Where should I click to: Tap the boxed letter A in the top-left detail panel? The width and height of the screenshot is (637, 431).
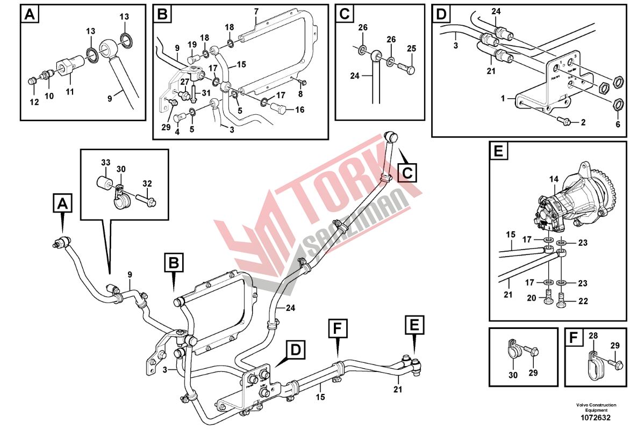pyautogui.click(x=31, y=16)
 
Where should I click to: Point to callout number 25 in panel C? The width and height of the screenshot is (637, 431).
pyautogui.click(x=411, y=49)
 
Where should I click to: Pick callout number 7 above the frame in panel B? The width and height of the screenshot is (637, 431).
pyautogui.click(x=256, y=11)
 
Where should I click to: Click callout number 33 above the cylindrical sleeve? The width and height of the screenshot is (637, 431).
pyautogui.click(x=105, y=162)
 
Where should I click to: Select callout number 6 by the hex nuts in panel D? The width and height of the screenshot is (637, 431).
pyautogui.click(x=618, y=125)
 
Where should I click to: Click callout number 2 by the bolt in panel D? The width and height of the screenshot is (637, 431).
pyautogui.click(x=582, y=122)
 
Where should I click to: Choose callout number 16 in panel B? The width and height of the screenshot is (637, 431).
pyautogui.click(x=299, y=110)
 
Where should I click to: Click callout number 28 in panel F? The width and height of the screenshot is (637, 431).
pyautogui.click(x=592, y=336)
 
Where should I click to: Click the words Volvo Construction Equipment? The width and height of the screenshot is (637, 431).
pyautogui.click(x=596, y=407)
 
